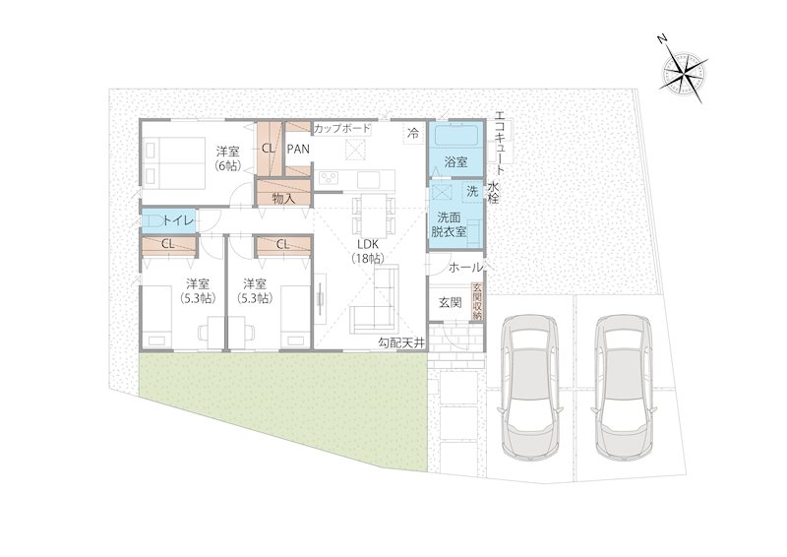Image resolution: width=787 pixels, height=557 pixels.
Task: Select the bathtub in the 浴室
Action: pos(455,136)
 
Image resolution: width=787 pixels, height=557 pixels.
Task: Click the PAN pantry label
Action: pos(298,150)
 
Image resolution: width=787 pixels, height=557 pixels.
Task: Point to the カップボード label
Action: pos(342,129)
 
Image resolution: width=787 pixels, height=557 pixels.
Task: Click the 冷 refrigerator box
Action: pos(413,134)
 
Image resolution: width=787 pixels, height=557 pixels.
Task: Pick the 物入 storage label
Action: pos(283,199)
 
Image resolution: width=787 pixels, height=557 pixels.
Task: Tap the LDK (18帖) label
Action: pos(367,251)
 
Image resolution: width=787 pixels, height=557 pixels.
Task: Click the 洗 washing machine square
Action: pos(472,191)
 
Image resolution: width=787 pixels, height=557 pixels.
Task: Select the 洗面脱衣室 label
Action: pos(450,224)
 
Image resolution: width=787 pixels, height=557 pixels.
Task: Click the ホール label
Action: pos(465,268)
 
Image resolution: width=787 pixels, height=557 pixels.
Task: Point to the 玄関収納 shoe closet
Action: pos(477,302)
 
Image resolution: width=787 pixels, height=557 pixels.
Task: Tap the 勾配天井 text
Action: pos(401,343)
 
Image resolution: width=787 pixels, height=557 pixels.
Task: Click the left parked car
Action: pos(531,386)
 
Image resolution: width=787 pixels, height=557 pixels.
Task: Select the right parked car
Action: pos(625,386)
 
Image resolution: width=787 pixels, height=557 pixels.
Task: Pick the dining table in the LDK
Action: pos(374,215)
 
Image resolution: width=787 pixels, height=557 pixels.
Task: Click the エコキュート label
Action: pos(500,143)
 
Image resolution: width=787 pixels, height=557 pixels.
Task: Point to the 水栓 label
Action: pos(493,192)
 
